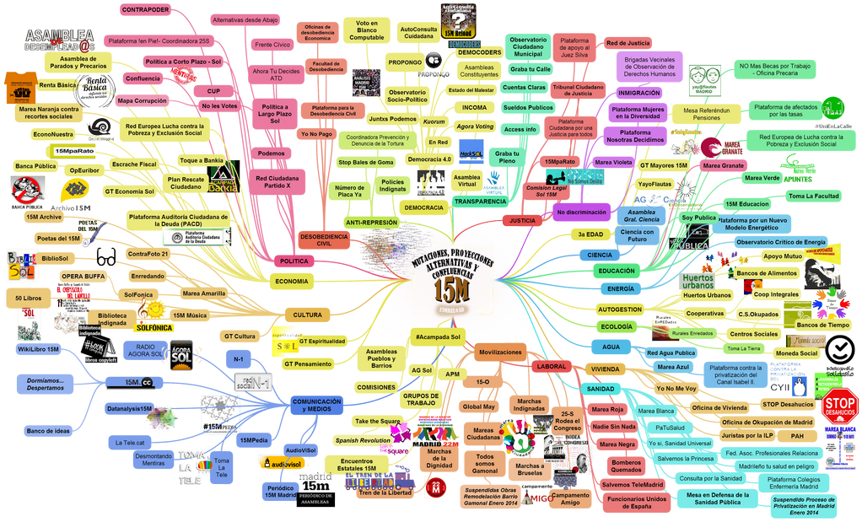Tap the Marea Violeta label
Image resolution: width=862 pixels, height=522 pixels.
click(x=613, y=163)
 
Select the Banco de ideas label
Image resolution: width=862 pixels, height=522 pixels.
click(x=48, y=431)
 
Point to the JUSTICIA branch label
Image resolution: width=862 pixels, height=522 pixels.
click(x=522, y=221)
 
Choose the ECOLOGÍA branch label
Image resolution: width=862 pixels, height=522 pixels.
click(x=617, y=326)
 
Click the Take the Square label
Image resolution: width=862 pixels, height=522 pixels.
click(x=377, y=421)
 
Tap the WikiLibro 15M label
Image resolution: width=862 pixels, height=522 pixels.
click(x=38, y=349)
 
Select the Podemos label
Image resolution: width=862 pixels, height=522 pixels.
click(x=272, y=153)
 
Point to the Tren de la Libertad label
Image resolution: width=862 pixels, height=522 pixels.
click(x=382, y=492)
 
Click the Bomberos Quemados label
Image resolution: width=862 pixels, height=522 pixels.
click(x=627, y=466)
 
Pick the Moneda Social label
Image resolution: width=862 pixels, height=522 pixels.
click(x=796, y=353)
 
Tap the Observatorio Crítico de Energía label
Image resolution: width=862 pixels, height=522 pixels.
click(x=780, y=242)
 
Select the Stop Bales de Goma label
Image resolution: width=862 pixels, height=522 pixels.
click(x=366, y=162)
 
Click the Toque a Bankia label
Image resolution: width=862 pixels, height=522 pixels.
click(x=201, y=160)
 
